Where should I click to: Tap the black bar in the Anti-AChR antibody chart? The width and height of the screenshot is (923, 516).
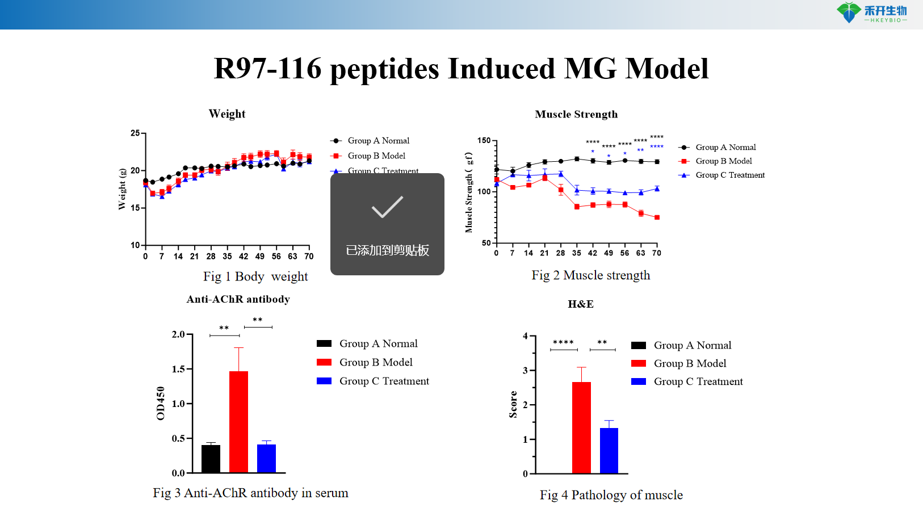click(x=211, y=459)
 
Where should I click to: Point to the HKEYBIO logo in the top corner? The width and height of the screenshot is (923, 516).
click(x=872, y=12)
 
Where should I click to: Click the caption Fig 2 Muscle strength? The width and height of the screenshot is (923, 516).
click(x=590, y=275)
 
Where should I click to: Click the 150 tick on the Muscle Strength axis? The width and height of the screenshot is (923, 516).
click(x=484, y=140)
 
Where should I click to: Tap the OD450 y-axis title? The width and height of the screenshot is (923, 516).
click(x=160, y=403)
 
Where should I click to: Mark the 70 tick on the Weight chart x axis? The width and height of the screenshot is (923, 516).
click(x=309, y=256)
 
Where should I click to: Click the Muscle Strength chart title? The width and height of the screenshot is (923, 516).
click(x=576, y=114)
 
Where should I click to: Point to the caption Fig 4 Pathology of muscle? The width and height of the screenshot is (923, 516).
click(x=611, y=495)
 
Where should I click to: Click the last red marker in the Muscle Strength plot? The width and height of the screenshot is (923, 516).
click(x=657, y=217)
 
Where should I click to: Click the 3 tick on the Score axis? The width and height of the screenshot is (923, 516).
click(x=526, y=370)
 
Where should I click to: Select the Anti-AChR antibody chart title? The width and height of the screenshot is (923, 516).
click(x=238, y=299)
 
